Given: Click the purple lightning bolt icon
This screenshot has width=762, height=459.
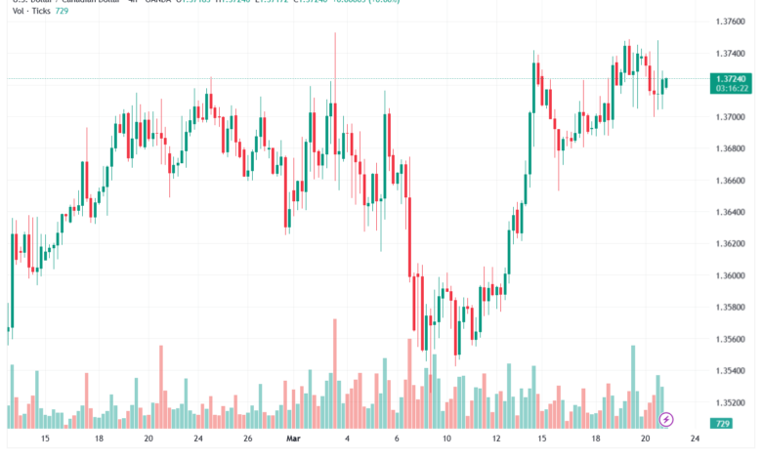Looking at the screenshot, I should point(667,420).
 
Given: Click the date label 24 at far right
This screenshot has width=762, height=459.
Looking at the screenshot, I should point(694,439).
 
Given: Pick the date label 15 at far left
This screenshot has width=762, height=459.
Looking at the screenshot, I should point(45,439).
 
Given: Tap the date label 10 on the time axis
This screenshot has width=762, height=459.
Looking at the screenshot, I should point(446,439).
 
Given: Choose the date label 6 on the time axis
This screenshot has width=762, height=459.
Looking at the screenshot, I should point(396,439).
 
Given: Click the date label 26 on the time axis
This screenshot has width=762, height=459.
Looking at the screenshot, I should point(248,439).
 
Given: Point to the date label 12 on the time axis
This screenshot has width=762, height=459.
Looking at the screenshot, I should point(496,439).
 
